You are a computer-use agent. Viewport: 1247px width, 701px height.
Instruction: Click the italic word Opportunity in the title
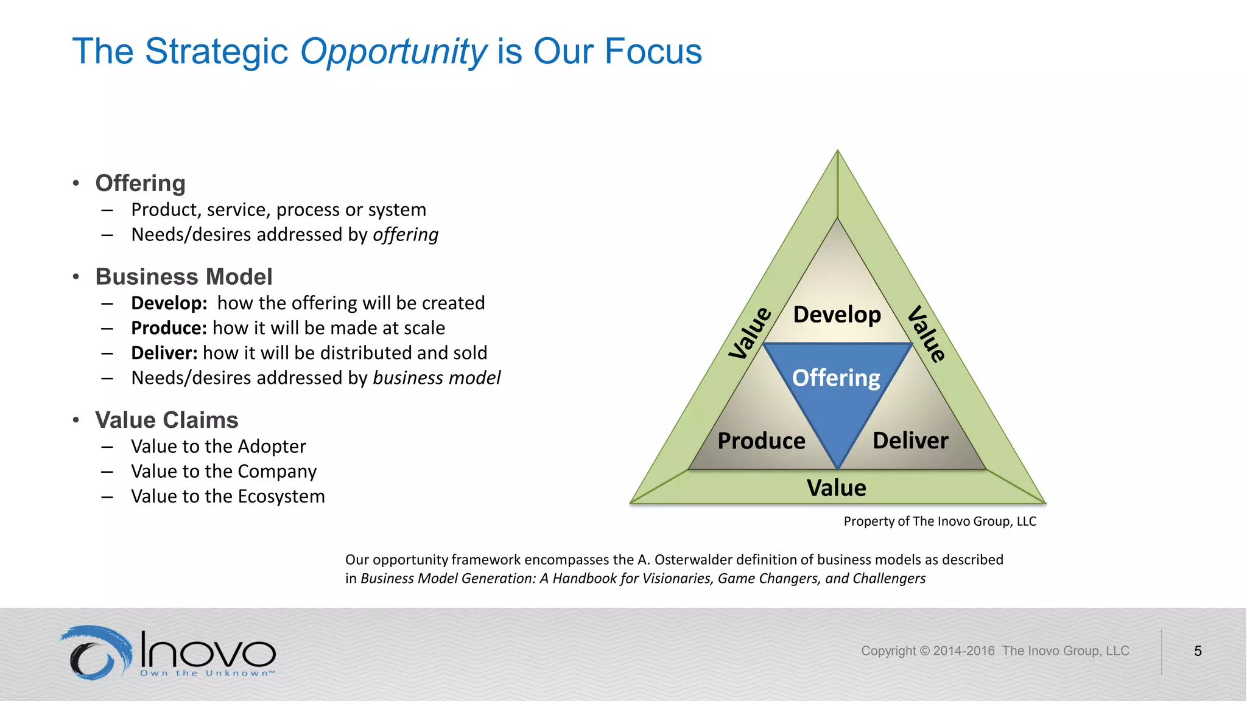tap(393, 52)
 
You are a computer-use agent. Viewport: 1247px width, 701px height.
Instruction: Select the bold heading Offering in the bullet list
tap(140, 183)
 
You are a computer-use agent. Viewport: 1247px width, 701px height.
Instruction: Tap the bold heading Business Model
tap(183, 277)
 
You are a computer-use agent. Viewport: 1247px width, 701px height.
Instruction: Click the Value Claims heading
tap(166, 420)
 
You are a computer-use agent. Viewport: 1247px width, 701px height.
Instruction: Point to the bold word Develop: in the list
tap(169, 303)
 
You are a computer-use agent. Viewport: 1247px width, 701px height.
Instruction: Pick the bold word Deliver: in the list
tap(164, 353)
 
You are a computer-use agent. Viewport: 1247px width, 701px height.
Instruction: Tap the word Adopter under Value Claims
tap(272, 447)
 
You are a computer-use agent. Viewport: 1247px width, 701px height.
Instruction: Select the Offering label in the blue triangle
tap(836, 378)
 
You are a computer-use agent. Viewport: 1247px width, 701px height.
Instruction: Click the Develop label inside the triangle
tap(837, 315)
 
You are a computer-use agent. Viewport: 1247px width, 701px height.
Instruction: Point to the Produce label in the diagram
tap(761, 441)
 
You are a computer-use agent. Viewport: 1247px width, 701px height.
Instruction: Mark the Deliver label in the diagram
tap(910, 441)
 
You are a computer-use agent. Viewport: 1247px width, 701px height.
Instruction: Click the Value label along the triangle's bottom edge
tap(836, 488)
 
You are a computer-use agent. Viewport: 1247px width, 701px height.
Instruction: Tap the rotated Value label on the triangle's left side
tap(750, 333)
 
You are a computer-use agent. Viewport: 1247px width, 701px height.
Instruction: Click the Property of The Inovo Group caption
tap(940, 521)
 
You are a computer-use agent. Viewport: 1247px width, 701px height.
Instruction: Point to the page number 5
tap(1198, 652)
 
